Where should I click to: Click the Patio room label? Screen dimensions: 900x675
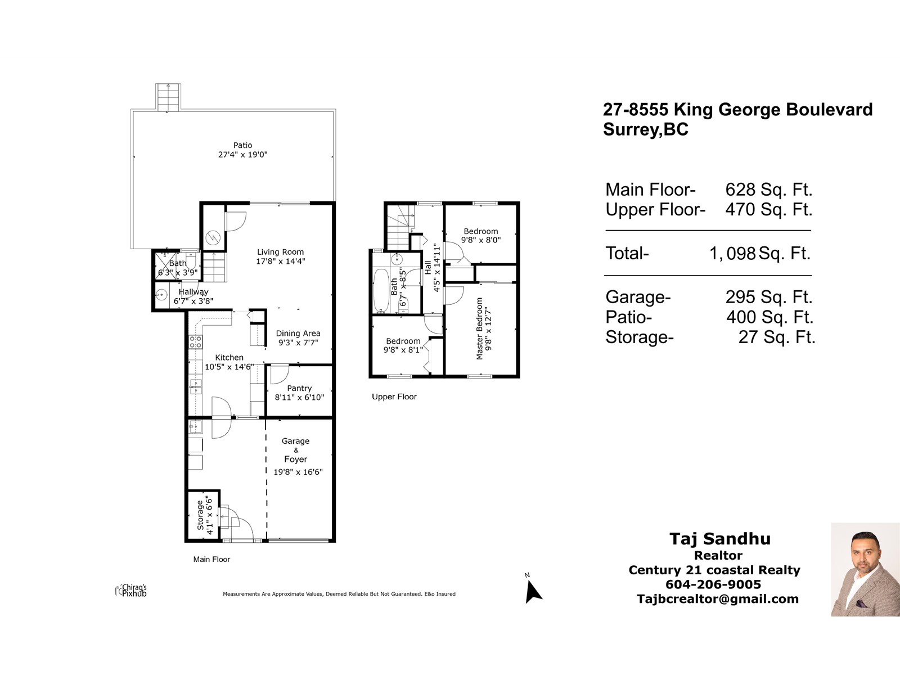point(243,145)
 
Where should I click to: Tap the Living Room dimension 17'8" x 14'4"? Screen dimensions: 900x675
point(281,261)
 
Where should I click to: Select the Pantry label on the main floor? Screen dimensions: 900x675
point(299,388)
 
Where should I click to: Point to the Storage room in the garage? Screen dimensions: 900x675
point(204,515)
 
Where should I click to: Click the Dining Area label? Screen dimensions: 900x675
point(298,333)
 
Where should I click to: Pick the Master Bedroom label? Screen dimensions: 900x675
point(479,328)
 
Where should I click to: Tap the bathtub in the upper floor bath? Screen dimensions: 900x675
point(381,290)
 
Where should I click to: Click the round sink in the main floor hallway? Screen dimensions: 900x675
point(161,294)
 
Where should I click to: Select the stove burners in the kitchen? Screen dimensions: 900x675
point(195,342)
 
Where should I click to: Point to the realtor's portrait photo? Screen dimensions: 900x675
point(865,569)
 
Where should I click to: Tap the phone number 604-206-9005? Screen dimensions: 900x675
point(713,584)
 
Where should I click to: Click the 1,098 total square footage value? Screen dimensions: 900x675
point(732,253)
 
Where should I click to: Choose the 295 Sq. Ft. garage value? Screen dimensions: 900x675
point(769,297)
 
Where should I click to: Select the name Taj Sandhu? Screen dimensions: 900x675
point(720,539)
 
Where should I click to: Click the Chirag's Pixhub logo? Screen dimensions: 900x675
point(131,590)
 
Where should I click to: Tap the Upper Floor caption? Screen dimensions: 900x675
point(394,397)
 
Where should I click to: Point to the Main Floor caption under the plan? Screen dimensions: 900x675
point(211,559)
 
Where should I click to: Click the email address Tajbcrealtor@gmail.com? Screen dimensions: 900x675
point(718,598)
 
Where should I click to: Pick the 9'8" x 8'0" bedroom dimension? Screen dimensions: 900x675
point(480,240)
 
